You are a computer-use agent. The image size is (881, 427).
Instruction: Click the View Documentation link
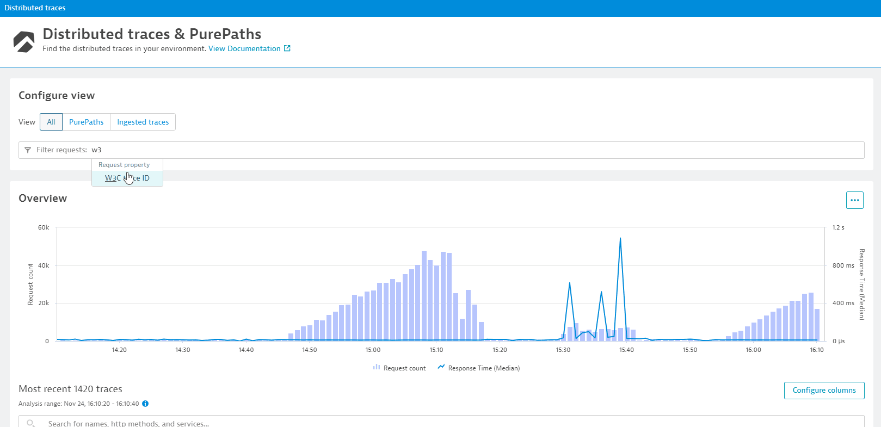click(244, 48)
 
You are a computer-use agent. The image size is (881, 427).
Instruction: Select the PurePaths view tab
click(86, 122)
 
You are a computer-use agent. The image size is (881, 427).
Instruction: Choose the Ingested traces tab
click(143, 122)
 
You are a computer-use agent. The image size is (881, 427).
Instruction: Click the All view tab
click(51, 122)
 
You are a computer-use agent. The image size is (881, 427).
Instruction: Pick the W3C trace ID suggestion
click(127, 178)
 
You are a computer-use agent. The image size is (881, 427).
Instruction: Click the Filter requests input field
click(435, 150)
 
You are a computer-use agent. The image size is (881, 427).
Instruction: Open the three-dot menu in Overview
click(854, 200)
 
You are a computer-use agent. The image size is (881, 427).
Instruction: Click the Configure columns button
click(824, 390)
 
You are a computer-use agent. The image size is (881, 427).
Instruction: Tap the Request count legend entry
click(399, 368)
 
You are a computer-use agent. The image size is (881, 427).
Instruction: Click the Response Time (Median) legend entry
click(479, 368)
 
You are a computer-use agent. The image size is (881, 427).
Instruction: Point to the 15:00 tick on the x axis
click(373, 350)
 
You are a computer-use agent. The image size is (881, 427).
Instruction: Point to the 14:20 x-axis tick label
click(119, 350)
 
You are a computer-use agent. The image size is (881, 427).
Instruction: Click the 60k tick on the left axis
click(44, 227)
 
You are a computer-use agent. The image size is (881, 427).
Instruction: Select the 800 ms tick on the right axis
click(843, 265)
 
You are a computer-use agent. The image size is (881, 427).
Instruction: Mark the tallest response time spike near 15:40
click(620, 238)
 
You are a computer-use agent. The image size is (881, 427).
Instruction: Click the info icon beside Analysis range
click(145, 404)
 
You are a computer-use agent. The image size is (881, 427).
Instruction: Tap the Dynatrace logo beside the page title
click(24, 41)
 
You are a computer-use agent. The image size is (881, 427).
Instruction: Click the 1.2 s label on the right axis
click(838, 227)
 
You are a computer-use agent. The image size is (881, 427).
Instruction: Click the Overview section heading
click(43, 199)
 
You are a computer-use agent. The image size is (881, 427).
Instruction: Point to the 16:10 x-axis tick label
click(816, 350)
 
